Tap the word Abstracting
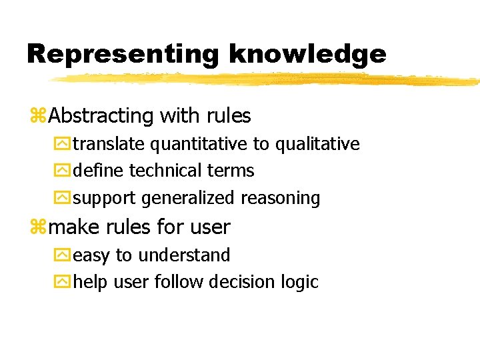[x=101, y=116]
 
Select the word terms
[x=231, y=171]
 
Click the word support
[x=105, y=199]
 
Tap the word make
[x=73, y=227]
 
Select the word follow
[x=179, y=283]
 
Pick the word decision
[x=241, y=283]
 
